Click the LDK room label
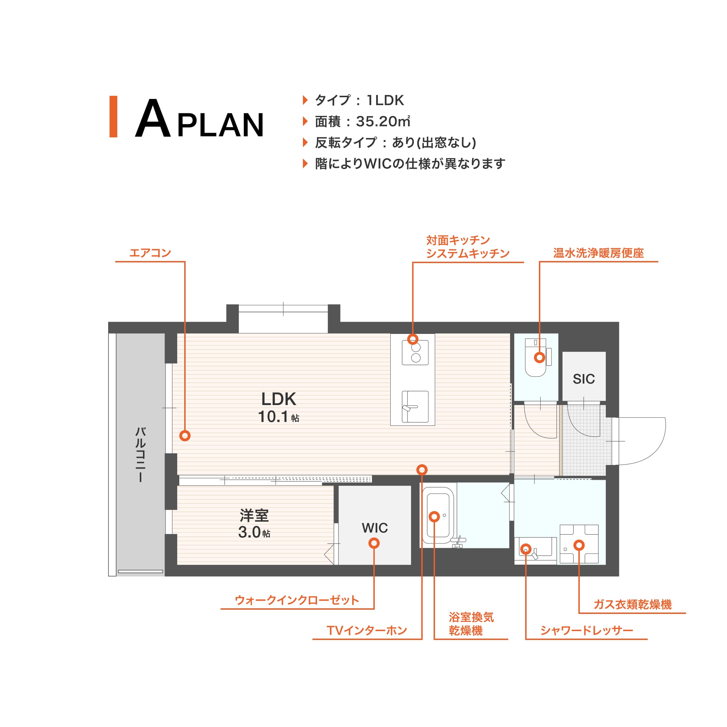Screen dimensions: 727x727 [279, 399]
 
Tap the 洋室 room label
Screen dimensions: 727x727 [254, 515]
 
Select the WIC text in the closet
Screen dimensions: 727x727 [375, 528]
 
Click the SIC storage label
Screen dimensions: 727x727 [584, 379]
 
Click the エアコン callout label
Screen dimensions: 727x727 [150, 253]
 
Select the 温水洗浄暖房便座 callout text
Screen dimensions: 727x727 [598, 253]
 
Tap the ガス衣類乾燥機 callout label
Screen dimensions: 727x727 [633, 605]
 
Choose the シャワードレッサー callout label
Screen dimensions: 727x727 [587, 630]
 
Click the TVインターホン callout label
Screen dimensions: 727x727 [367, 630]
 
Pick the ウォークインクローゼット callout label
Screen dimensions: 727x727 [297, 600]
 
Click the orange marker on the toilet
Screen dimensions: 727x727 [540, 358]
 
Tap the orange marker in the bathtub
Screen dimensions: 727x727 [434, 517]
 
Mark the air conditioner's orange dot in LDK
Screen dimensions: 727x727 [185, 436]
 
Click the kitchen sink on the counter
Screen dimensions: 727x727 [415, 406]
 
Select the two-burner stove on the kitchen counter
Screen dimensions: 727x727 [415, 352]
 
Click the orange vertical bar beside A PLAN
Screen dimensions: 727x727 [113, 117]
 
